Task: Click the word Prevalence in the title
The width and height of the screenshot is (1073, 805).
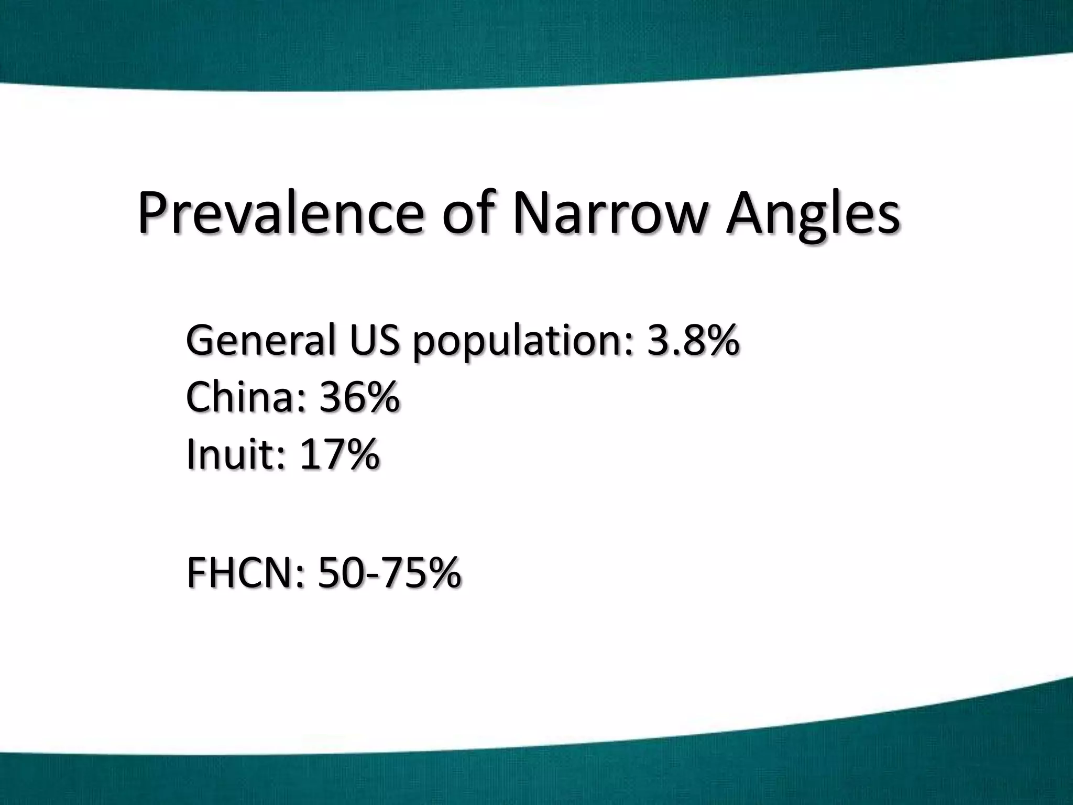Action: pos(280,213)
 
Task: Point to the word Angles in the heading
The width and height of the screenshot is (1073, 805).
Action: pos(813,215)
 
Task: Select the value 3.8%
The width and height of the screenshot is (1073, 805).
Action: pos(693,341)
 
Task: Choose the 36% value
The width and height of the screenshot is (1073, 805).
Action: pos(359,397)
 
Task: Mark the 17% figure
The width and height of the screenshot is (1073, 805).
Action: pos(338,454)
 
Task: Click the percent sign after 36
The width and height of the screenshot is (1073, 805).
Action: pos(381,397)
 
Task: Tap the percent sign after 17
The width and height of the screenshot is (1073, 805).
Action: pos(360,454)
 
